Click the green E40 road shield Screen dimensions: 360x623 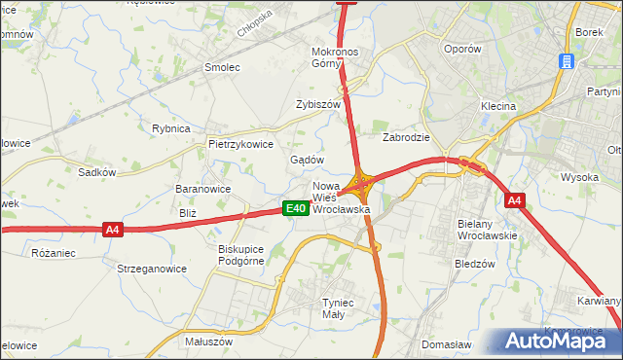click(x=296, y=208)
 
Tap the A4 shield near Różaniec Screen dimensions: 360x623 click(x=113, y=230)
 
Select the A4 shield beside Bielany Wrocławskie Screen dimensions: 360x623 click(x=515, y=200)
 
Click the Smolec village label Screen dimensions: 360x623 click(x=221, y=67)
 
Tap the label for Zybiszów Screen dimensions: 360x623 click(x=318, y=104)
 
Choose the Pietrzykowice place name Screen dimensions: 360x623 click(x=240, y=143)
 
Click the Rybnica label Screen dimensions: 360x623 click(x=170, y=128)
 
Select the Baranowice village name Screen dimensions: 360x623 click(x=202, y=189)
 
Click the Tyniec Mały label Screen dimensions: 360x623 click(x=343, y=308)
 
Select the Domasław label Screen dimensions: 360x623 click(x=446, y=344)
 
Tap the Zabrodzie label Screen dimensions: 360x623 click(x=406, y=137)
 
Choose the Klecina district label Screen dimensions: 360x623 click(x=497, y=106)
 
